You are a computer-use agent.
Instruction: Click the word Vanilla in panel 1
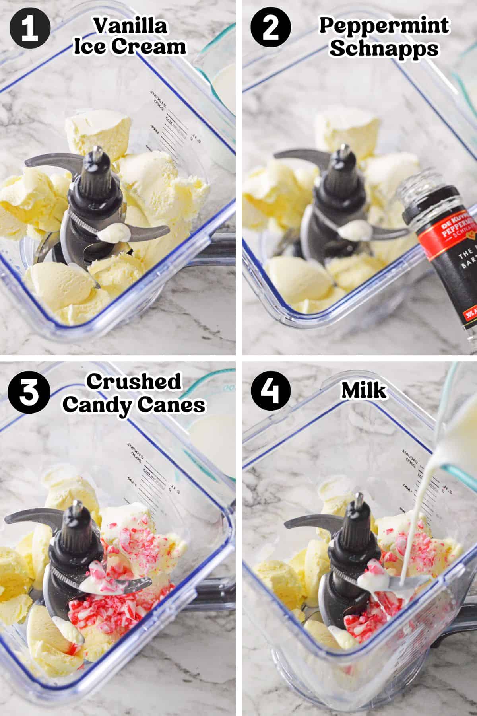point(130,27)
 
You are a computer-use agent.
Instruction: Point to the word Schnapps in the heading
point(384,49)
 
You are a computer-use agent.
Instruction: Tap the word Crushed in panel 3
point(134,382)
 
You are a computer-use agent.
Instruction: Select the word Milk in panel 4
point(363,391)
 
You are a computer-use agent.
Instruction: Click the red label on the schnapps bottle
point(445,235)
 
